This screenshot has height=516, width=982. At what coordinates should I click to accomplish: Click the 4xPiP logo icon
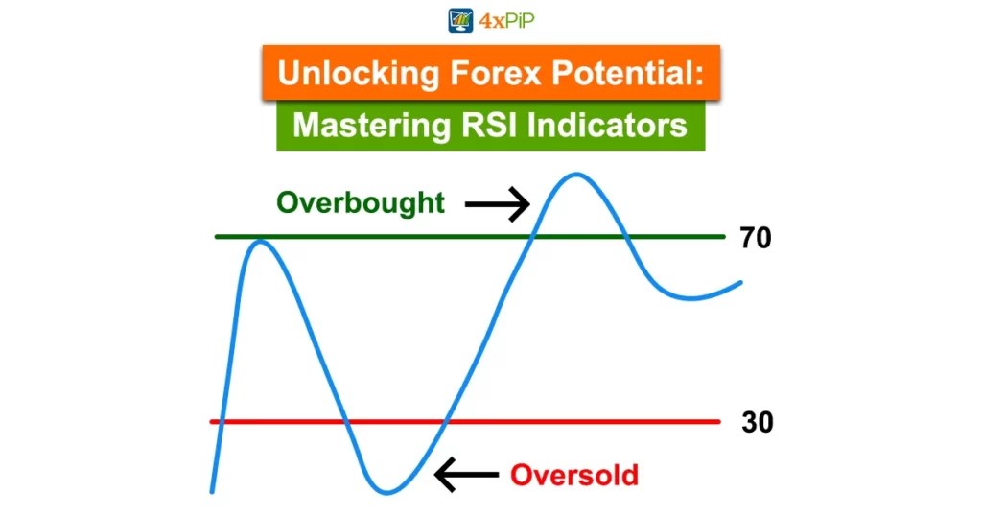coord(461,20)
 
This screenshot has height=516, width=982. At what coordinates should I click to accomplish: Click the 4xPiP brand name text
coord(506,20)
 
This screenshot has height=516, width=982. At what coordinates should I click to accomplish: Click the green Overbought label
coord(361,203)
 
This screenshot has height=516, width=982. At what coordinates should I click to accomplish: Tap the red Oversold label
coord(573,475)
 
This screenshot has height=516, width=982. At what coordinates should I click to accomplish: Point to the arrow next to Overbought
coord(498,204)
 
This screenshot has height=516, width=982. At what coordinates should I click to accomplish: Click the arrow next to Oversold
coord(467,474)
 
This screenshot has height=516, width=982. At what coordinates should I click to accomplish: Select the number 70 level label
coord(756,238)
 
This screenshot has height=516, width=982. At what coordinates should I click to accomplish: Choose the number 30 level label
coord(757,422)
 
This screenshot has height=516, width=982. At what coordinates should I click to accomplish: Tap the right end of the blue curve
coord(740,283)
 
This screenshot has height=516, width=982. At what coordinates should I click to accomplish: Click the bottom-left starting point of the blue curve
coord(212,490)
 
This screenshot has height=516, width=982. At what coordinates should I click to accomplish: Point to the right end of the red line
coord(717,421)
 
